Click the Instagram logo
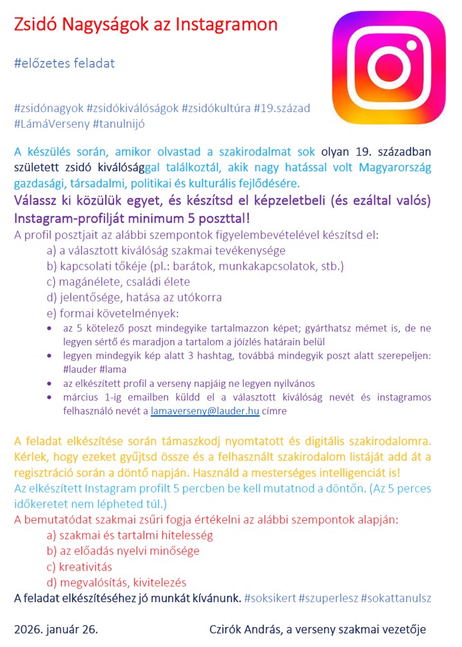coord(389,68)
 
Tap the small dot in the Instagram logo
coord(418,39)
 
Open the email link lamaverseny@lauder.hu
coord(205,412)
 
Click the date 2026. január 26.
coord(56,629)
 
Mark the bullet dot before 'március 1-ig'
coord(51,398)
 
